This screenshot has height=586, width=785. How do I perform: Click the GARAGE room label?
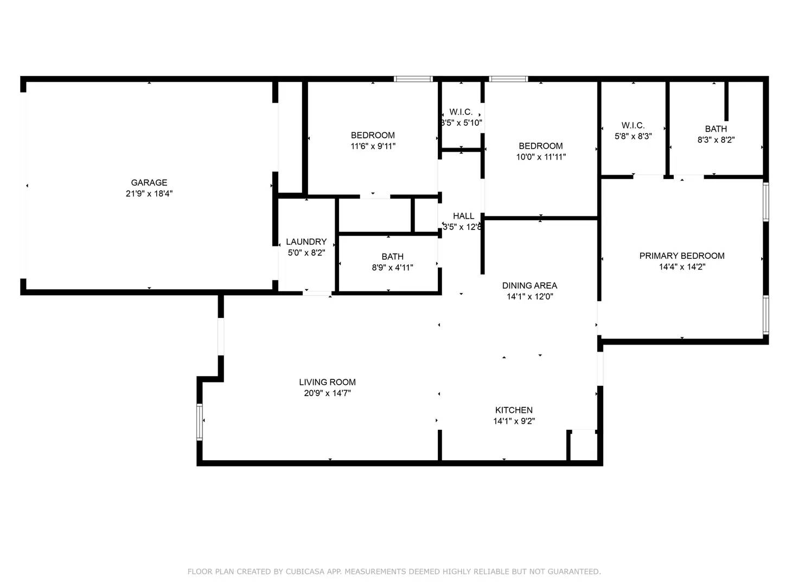[149, 183]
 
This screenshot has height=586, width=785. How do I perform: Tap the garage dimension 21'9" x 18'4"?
[149, 194]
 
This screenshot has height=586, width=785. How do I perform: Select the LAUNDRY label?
[306, 242]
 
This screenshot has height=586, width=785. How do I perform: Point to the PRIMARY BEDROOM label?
[681, 256]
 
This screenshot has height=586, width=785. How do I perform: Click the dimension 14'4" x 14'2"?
[681, 267]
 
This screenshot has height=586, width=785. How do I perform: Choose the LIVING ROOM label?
[327, 383]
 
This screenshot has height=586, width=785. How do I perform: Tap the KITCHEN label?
[513, 410]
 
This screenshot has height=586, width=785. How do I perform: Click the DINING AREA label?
[529, 286]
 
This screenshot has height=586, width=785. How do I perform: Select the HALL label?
[463, 216]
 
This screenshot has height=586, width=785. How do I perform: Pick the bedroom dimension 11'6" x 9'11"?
[373, 146]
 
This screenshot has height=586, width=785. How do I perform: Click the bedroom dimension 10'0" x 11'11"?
[540, 157]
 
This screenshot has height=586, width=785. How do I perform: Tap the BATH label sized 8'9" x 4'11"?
[392, 257]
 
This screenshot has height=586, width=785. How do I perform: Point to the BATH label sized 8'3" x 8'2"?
[716, 129]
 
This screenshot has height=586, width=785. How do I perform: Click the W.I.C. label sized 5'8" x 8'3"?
[633, 125]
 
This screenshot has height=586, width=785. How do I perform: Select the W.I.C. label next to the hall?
[461, 112]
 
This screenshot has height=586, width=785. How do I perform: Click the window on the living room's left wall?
[200, 422]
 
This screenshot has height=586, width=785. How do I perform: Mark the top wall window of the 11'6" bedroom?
[413, 79]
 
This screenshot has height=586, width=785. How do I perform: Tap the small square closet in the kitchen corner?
[583, 446]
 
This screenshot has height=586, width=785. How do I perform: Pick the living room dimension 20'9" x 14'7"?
[327, 393]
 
